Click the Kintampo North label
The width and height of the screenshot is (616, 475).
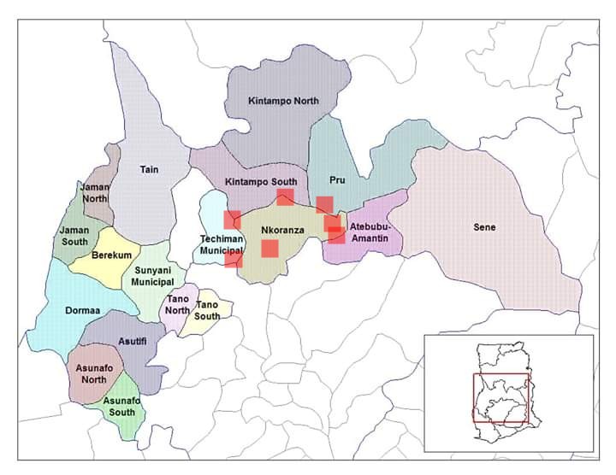[x=283, y=101]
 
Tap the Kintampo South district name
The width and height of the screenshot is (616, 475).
[x=261, y=182]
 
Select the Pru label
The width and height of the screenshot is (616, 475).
[x=337, y=180]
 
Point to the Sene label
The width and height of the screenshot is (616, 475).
[x=484, y=227]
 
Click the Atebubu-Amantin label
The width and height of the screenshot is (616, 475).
[x=368, y=233]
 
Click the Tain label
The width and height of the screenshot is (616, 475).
[x=150, y=169]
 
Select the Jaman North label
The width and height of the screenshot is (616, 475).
[x=95, y=193]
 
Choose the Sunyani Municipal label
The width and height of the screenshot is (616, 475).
[x=153, y=276]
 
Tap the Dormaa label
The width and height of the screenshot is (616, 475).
[x=83, y=310]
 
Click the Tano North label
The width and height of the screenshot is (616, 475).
[x=178, y=305]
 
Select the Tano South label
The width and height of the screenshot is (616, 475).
[x=208, y=310]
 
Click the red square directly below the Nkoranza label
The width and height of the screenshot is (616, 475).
[x=269, y=249]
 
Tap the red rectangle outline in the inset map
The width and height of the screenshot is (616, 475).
[x=501, y=399]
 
